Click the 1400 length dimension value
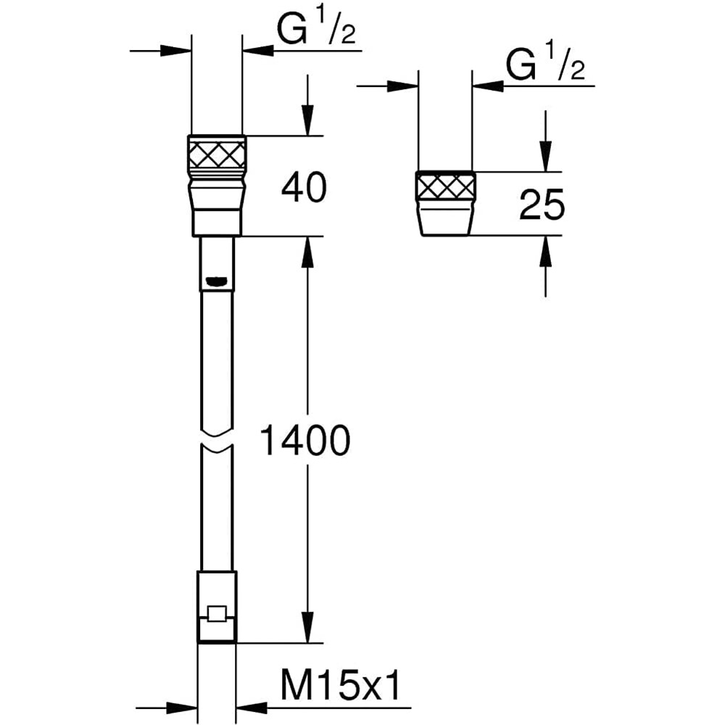click(304, 441)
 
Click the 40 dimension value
click(304, 188)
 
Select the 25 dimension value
click(542, 204)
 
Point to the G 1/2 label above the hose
click(316, 29)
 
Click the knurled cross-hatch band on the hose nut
click(217, 154)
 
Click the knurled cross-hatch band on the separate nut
click(446, 187)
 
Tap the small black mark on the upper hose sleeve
click(216, 280)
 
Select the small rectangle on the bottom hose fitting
click(216, 613)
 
